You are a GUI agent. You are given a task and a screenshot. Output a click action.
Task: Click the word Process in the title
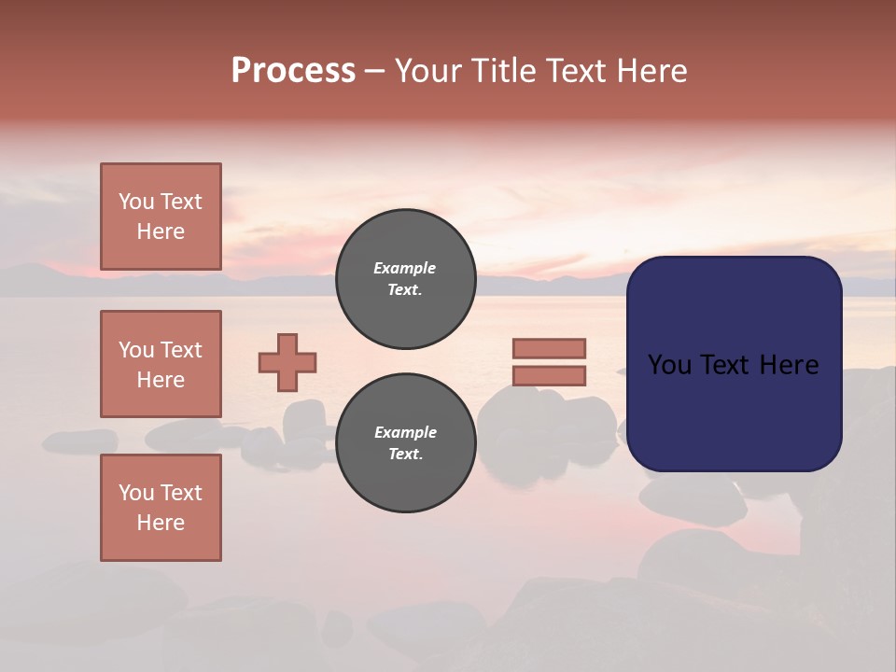[293, 71]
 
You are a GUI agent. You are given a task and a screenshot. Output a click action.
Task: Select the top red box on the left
[161, 217]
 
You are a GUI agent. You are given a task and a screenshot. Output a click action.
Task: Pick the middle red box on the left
[161, 364]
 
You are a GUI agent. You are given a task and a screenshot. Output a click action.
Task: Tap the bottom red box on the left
[161, 508]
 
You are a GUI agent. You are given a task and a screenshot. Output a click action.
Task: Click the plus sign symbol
[287, 362]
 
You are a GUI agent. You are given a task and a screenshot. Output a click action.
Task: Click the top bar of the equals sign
[549, 348]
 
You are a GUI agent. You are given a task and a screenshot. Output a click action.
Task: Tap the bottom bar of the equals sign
[549, 376]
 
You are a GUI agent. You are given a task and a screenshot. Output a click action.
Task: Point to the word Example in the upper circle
[405, 268]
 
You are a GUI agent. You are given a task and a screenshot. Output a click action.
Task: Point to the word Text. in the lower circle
[405, 454]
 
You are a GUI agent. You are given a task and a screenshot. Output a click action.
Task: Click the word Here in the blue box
[788, 365]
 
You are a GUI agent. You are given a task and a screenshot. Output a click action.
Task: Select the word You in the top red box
[136, 202]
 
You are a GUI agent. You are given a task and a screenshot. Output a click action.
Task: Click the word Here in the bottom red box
[161, 523]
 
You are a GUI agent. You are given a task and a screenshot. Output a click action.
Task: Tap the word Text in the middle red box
[181, 350]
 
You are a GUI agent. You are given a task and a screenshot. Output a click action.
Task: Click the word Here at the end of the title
[654, 71]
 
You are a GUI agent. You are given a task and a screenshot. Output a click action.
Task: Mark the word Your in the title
[426, 71]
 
